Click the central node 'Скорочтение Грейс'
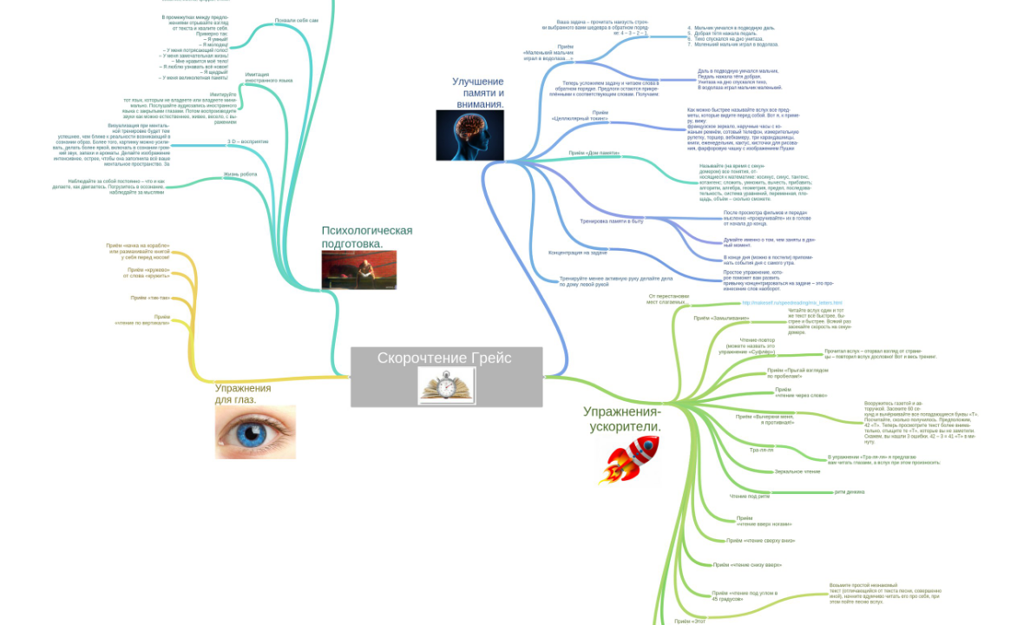coord(444,359)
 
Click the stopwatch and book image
coord(446,385)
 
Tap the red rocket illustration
coord(628,459)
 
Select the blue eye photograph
coord(255,431)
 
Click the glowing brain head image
coord(469,135)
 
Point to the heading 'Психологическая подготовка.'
coord(366,237)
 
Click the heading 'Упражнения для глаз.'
coord(243,394)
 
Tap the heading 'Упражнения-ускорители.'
coord(622,418)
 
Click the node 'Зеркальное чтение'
coord(797,471)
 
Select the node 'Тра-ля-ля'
coord(761,451)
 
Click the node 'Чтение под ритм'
coord(750,497)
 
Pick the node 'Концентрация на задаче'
coord(578,253)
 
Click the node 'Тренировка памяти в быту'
coord(611,221)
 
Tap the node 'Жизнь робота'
coord(240,174)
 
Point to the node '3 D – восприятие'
coord(248,141)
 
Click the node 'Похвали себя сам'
coord(296,19)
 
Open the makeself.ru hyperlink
coord(791,303)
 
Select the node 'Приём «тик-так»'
coord(150,298)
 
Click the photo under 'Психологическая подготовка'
coord(358,270)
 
